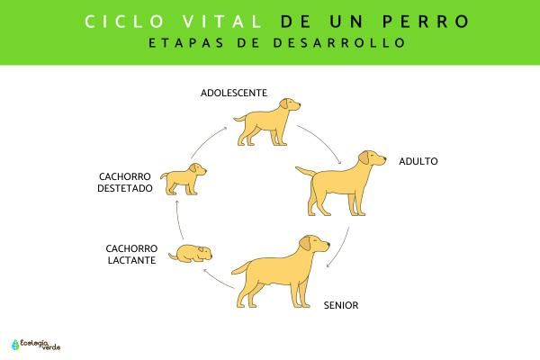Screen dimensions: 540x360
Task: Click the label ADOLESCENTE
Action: pos(234,93)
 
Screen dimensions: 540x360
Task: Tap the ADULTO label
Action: pos(418,161)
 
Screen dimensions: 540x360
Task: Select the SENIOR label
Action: pos(341,305)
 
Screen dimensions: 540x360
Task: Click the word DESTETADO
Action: pos(125,188)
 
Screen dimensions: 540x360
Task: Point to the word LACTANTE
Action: pos(131,260)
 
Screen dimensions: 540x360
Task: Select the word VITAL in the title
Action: pos(222,22)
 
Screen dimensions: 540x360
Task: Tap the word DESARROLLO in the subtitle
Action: pos(339,42)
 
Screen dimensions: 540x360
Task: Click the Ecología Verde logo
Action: pos(36,345)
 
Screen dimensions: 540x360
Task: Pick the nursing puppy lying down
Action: pos(191,254)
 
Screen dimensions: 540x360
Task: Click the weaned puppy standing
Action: pos(184,179)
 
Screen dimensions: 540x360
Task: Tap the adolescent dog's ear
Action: pos(284,103)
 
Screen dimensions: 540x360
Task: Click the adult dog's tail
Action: pos(305,171)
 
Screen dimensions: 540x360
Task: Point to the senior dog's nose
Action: pos(328,244)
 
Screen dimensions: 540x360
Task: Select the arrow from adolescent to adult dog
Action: pos(320,142)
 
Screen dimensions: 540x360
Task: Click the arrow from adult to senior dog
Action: pos(342,248)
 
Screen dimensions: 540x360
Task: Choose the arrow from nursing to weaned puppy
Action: pos(177,220)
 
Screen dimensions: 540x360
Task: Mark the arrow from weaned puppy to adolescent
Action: pos(207,139)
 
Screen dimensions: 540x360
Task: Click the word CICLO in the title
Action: pos(125,22)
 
